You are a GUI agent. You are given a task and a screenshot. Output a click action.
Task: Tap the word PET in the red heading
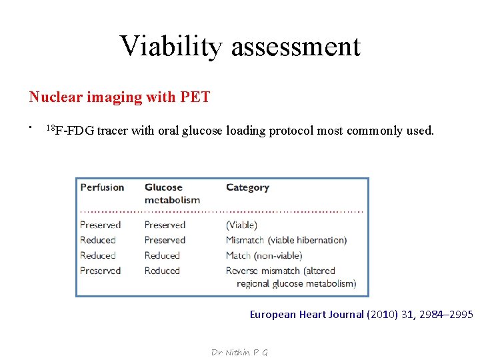[195, 97]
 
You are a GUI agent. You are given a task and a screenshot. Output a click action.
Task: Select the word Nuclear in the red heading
[53, 97]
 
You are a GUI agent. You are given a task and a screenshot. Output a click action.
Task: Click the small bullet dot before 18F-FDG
[31, 126]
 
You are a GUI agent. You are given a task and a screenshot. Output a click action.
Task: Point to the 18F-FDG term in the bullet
[70, 131]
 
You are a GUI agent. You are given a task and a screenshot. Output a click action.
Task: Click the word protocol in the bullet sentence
[291, 131]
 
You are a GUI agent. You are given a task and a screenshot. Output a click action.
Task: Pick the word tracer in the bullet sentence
[113, 131]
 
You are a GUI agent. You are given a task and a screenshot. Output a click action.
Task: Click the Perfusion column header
[102, 187]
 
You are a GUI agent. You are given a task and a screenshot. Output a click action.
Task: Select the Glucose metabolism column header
[171, 193]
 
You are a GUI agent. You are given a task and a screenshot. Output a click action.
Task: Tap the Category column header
[247, 187]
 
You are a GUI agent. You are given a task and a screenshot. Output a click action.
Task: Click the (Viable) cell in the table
[241, 225]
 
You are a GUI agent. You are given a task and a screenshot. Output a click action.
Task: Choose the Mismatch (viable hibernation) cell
[286, 240]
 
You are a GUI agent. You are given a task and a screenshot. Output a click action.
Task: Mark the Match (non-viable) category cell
[264, 255]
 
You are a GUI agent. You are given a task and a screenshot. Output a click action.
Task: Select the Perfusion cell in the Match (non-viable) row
[98, 255]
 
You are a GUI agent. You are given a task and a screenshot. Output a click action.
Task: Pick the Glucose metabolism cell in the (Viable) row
[165, 225]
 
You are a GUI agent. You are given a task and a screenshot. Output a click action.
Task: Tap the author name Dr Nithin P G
[239, 352]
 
